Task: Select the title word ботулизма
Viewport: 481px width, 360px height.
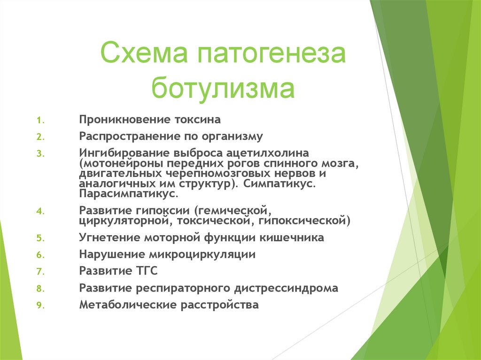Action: pyautogui.click(x=223, y=88)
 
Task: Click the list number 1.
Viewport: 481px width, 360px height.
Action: pyautogui.click(x=40, y=120)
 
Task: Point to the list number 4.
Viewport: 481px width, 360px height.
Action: pyautogui.click(x=40, y=211)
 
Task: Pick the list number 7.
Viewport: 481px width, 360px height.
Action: pyautogui.click(x=40, y=271)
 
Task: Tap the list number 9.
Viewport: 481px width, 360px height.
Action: pyautogui.click(x=40, y=305)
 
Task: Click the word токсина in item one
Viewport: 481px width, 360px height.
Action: pyautogui.click(x=198, y=119)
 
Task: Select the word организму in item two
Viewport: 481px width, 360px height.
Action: pyautogui.click(x=232, y=137)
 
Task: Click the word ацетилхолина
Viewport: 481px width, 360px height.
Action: pyautogui.click(x=267, y=153)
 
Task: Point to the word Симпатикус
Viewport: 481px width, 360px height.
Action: pyautogui.click(x=280, y=184)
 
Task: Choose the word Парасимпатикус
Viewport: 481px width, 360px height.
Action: pyautogui.click(x=129, y=194)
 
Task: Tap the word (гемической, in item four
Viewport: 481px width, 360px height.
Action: pyautogui.click(x=233, y=211)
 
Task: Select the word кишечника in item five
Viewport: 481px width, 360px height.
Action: pyautogui.click(x=292, y=237)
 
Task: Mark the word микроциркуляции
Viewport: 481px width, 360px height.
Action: pyautogui.click(x=202, y=254)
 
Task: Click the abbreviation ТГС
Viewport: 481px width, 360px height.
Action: pyautogui.click(x=146, y=271)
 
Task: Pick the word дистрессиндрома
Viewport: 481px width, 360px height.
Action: pyautogui.click(x=286, y=288)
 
